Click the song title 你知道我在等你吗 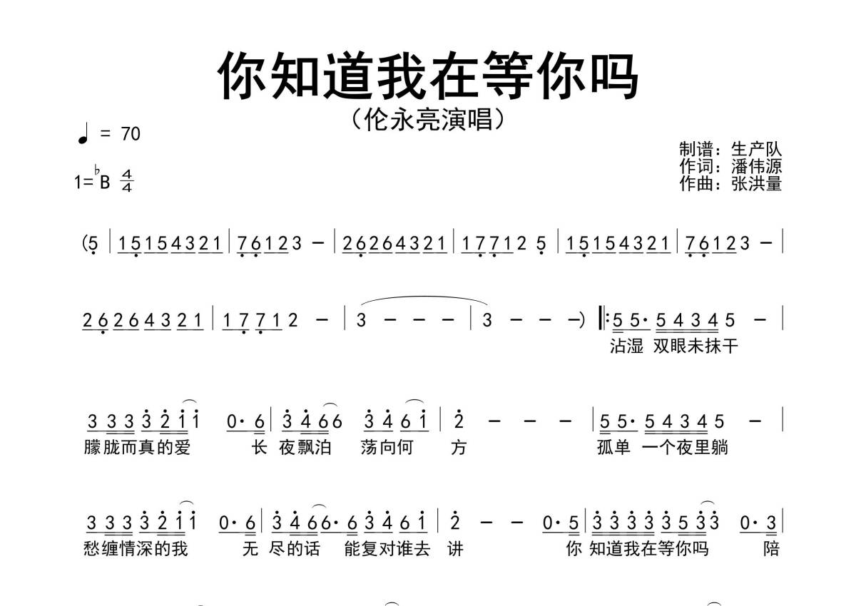coord(428,75)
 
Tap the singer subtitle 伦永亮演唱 coord(428,118)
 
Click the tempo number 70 coord(131,134)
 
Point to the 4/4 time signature coord(127,181)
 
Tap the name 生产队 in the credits coord(756,150)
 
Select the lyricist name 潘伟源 coord(756,167)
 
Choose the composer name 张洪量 coord(756,183)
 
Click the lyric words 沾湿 coord(626,346)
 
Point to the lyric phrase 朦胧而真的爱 coord(137,448)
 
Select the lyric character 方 coord(458,448)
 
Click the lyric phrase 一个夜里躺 coord(685,448)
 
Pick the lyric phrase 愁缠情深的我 coord(137,549)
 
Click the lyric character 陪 coord(771,549)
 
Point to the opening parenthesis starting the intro coord(85,244)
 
